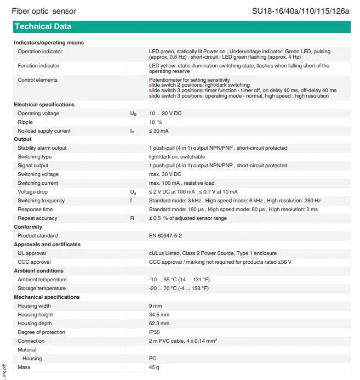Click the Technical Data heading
(x=43, y=26)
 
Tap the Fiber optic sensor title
(x=44, y=11)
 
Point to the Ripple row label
(x=25, y=122)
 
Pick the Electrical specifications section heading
(x=44, y=105)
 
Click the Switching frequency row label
(x=41, y=201)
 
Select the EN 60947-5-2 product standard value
(x=166, y=236)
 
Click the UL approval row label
(x=32, y=253)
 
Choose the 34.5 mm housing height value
(x=159, y=315)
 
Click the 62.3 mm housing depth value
(x=159, y=324)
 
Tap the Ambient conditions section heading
(x=38, y=271)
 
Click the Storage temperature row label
(x=42, y=288)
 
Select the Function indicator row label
(x=38, y=66)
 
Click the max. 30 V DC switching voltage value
(x=165, y=174)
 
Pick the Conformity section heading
(x=27, y=227)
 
